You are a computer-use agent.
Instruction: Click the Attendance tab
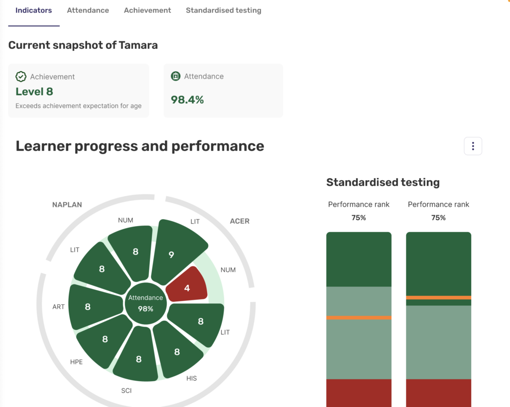(x=88, y=10)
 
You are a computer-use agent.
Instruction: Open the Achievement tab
(x=147, y=10)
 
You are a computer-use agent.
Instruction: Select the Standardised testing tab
(x=223, y=10)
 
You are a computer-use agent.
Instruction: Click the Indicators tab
(x=34, y=10)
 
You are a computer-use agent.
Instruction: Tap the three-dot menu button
(x=473, y=146)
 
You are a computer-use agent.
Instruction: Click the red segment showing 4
(x=187, y=286)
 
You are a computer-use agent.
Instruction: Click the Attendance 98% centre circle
(x=145, y=303)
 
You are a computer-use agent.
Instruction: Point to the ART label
(x=58, y=307)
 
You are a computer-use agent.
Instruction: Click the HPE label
(x=76, y=362)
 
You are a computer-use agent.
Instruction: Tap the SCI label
(x=127, y=391)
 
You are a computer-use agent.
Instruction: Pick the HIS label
(x=192, y=378)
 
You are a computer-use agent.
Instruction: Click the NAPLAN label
(x=67, y=205)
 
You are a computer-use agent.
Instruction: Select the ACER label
(x=240, y=221)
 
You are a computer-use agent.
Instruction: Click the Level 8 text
(x=34, y=92)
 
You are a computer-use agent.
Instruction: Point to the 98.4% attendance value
(x=187, y=100)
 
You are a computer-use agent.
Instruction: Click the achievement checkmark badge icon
(x=21, y=77)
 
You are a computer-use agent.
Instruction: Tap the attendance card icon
(x=175, y=76)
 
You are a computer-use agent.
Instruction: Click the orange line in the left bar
(x=359, y=317)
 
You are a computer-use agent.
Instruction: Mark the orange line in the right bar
(x=438, y=297)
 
